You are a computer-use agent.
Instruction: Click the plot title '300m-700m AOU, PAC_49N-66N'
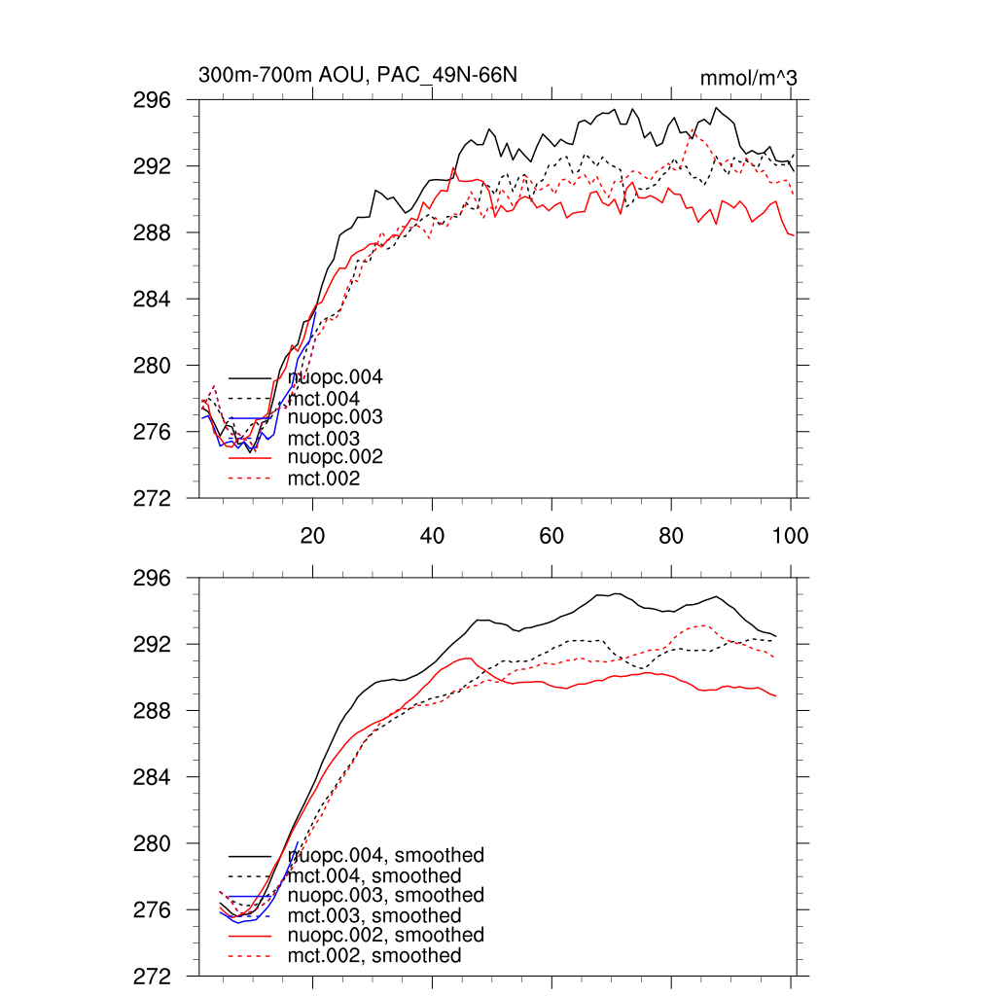pos(357,75)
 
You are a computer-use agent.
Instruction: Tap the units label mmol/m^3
pos(748,77)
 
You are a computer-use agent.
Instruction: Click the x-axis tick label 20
pos(312,536)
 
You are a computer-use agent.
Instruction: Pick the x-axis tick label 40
pos(432,536)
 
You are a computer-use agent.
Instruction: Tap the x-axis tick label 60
pos(551,536)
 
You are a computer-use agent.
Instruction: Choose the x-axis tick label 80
pos(671,536)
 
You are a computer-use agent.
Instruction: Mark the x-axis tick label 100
pos(790,536)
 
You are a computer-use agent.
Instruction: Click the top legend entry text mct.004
pos(324,399)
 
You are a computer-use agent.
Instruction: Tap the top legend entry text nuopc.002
pos(337,457)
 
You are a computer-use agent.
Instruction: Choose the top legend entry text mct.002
pos(324,479)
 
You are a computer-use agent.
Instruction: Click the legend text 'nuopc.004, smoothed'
pos(386,856)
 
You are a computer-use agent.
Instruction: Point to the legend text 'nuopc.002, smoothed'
pos(386,935)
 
